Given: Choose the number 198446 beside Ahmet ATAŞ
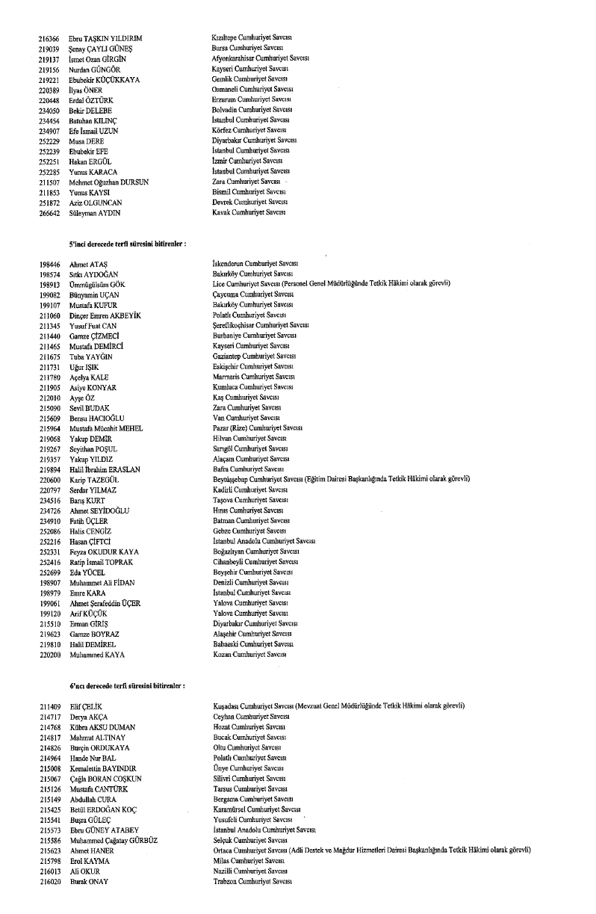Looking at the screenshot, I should [49, 264].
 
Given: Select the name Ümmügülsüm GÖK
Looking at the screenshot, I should [99, 284].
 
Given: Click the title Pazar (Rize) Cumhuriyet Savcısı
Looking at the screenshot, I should [258, 428].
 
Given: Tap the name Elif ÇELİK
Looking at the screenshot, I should [84, 705].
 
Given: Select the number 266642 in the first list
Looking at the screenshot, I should [49, 212].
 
